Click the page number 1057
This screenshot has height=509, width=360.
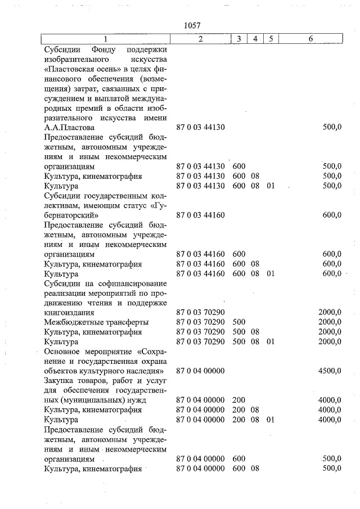[x=192, y=26]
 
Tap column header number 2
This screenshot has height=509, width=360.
[x=200, y=39]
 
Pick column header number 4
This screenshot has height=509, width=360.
[x=255, y=39]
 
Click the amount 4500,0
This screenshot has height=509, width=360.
[x=329, y=371]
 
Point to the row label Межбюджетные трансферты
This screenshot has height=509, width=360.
[x=96, y=322]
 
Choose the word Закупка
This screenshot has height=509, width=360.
[x=60, y=381]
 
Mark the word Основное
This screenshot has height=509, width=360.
[x=62, y=351]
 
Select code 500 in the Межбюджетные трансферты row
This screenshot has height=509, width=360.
[x=238, y=322]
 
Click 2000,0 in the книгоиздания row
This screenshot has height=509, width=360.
[x=329, y=312]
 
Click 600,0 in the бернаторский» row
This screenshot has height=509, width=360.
[x=331, y=215]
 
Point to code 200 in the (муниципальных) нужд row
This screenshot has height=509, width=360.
[x=238, y=400]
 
